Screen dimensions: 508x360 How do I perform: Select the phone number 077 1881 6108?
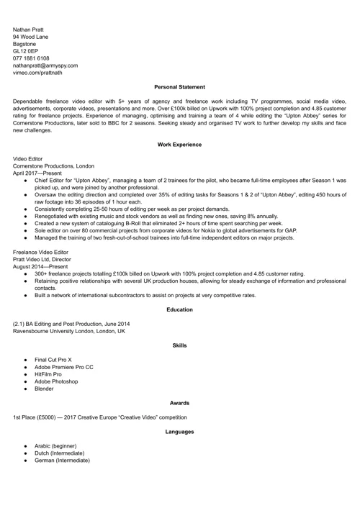[31, 58]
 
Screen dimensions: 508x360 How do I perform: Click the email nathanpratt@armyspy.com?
[45, 65]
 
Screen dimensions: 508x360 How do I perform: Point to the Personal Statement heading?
[179, 87]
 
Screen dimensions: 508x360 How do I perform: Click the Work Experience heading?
[179, 145]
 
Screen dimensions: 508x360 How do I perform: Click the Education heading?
[179, 309]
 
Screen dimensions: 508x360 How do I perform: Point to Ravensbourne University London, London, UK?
[69, 331]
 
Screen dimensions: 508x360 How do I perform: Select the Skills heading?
[179, 345]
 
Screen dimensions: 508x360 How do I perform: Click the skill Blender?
[45, 389]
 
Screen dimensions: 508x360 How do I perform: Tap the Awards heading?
[179, 403]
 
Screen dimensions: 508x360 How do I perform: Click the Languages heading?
[179, 432]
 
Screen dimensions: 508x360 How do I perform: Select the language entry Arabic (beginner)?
[55, 446]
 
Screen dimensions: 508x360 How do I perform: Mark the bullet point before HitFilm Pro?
[25, 374]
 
